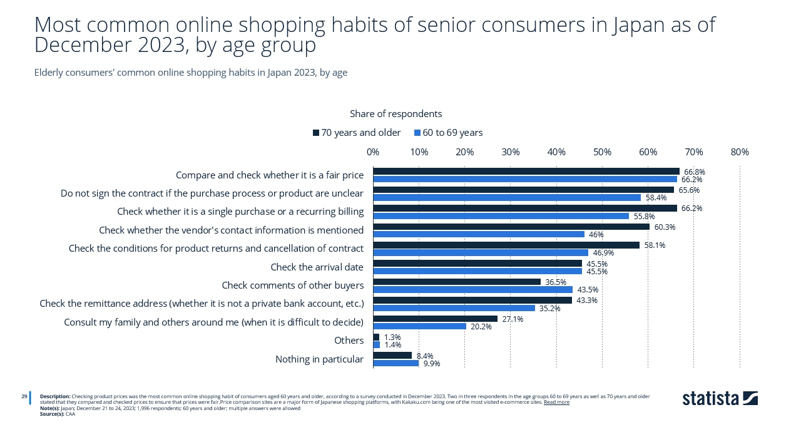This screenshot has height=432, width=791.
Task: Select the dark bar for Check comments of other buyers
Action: tap(457, 282)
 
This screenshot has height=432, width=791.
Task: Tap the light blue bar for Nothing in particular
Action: tap(395, 363)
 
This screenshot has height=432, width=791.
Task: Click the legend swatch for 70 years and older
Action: tap(316, 133)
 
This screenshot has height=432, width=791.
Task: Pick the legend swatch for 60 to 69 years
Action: tap(417, 133)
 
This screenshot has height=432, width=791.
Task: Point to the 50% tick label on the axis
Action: tap(602, 152)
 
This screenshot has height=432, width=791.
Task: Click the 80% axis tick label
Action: tap(740, 152)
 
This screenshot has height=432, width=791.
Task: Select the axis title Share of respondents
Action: tap(395, 114)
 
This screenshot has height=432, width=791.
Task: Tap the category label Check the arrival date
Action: tap(317, 267)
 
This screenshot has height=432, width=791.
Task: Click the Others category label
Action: tap(349, 341)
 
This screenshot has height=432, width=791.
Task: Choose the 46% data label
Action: tap(596, 235)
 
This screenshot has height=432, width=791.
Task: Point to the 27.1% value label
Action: tap(513, 319)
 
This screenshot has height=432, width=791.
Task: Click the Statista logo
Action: tap(720, 398)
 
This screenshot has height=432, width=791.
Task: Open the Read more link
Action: tap(556, 402)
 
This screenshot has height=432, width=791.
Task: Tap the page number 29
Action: tap(24, 396)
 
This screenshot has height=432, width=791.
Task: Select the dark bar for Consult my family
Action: tap(435, 319)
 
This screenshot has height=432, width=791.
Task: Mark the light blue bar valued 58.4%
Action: tap(507, 198)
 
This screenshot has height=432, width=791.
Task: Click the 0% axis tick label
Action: tap(373, 152)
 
